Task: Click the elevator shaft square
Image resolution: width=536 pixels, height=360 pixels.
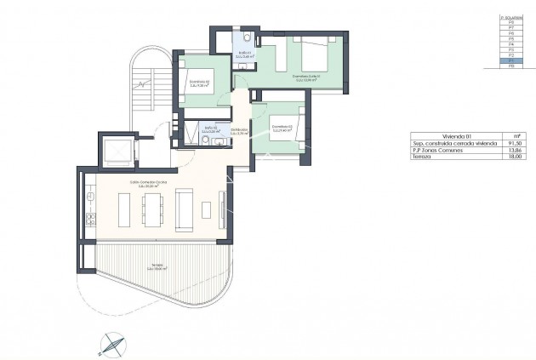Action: coord(113,152)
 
